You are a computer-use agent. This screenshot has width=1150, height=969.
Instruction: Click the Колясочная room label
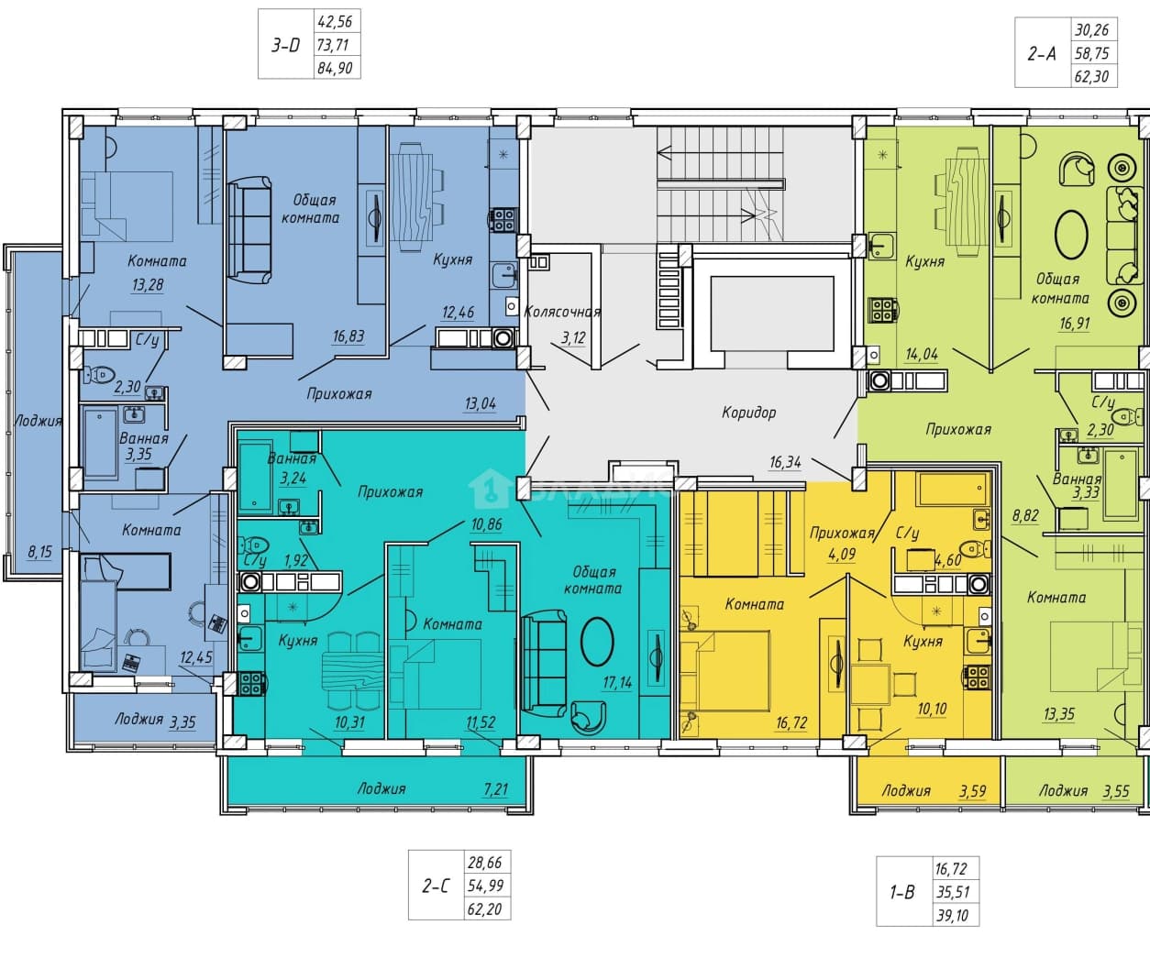(562, 313)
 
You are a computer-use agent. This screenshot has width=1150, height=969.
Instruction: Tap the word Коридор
(749, 413)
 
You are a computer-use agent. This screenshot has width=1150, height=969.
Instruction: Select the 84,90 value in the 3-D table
(335, 68)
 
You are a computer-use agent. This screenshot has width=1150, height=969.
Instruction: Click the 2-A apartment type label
(1042, 53)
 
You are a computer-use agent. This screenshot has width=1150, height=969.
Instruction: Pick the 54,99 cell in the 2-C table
(486, 886)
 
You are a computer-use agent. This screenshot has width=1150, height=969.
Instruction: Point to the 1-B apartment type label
(901, 892)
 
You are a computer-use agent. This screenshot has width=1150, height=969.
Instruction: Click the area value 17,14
(617, 683)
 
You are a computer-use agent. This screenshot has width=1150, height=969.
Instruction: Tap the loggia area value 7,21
(496, 789)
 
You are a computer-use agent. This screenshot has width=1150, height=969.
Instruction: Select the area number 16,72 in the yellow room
(791, 723)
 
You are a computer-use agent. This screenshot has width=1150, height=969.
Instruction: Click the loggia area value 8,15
(40, 552)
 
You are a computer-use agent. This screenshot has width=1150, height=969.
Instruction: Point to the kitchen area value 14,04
(922, 354)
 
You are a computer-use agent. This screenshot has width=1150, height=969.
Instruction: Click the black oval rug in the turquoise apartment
(598, 642)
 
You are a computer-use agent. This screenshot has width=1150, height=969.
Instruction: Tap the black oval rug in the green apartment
(1071, 234)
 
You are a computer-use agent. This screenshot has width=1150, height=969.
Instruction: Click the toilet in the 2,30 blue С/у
(98, 375)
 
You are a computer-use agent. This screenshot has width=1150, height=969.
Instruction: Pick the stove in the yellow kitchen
(977, 677)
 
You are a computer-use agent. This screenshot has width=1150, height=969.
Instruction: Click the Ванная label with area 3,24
(292, 458)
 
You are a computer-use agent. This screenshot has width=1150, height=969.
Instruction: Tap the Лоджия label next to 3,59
(906, 791)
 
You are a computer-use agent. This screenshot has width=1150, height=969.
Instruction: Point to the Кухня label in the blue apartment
(453, 259)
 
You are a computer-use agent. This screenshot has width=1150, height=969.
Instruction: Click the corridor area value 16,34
(785, 462)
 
